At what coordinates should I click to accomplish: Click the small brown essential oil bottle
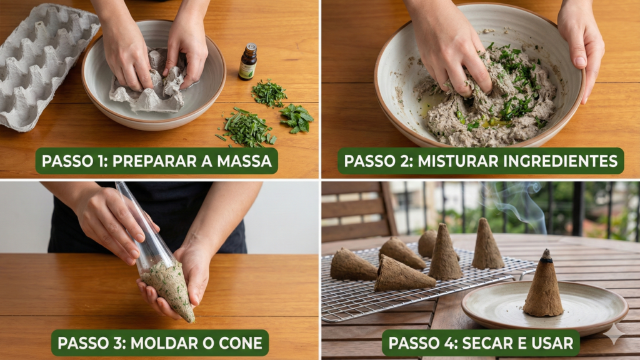click(x=247, y=64)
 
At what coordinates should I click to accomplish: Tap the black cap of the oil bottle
click(x=250, y=47)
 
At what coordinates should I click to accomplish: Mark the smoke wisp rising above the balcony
click(x=519, y=203)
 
